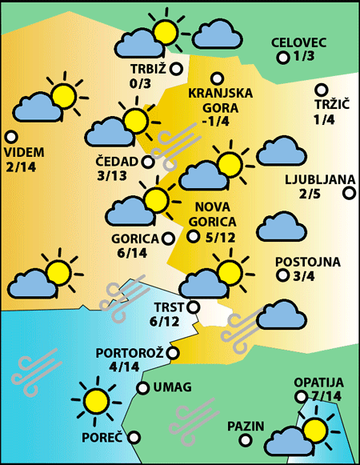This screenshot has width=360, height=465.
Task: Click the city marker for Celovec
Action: click(282, 58)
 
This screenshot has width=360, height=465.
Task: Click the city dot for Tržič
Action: click(322, 90)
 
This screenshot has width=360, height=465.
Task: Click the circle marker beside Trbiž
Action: click(176, 69)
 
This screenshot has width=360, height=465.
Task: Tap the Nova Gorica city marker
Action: click(193, 236)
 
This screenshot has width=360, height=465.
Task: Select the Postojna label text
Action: click(307, 263)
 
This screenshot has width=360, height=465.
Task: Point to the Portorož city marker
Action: click(173, 352)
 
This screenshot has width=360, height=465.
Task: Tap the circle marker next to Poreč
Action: click(134, 437)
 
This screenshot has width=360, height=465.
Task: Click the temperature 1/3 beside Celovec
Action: click(305, 57)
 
